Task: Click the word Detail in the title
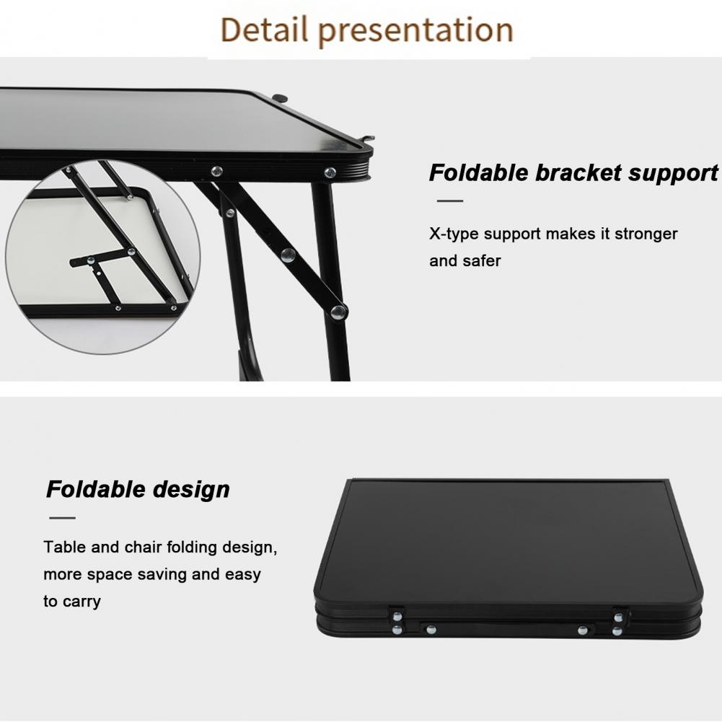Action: click(x=264, y=30)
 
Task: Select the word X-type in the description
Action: click(x=454, y=234)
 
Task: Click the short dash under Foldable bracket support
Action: click(x=450, y=201)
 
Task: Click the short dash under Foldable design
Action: click(x=62, y=518)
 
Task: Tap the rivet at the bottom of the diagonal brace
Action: click(x=339, y=312)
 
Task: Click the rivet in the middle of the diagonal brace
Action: click(x=289, y=255)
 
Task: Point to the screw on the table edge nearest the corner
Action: click(x=330, y=173)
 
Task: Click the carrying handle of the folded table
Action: click(x=506, y=626)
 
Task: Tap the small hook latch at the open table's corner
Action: click(x=368, y=139)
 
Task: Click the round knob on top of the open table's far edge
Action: click(x=280, y=98)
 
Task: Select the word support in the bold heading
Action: click(x=673, y=174)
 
